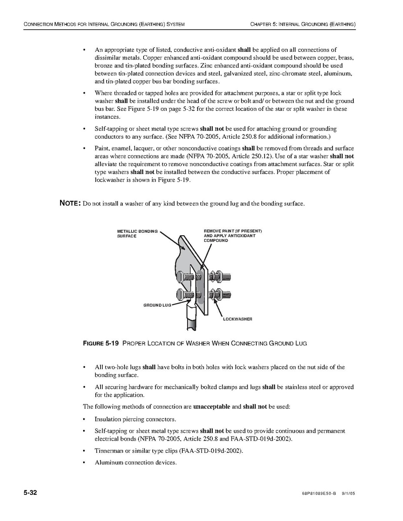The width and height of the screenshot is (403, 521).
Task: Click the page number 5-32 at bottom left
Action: click(30, 493)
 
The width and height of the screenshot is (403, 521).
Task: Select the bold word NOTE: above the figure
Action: click(70, 204)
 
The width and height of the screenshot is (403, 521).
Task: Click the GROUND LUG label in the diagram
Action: click(157, 305)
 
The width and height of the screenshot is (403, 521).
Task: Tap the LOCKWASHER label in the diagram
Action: click(238, 319)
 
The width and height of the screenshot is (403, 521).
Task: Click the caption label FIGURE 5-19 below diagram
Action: click(101, 344)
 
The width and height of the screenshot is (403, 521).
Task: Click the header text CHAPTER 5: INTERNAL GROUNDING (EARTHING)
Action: click(303, 24)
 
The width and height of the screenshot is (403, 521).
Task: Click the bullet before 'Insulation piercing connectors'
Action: click(84, 419)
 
